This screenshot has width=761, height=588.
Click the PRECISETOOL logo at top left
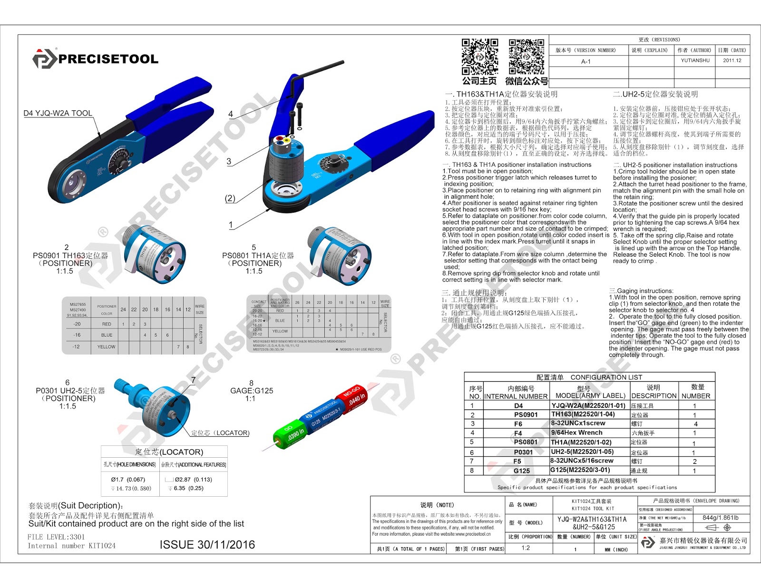point(95,58)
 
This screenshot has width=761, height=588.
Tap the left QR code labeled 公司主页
point(480,57)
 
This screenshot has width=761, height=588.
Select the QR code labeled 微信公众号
point(527,57)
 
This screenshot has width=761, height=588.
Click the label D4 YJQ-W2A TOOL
point(58,113)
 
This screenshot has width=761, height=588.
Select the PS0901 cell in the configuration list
point(526,414)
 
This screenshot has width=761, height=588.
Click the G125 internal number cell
point(522,471)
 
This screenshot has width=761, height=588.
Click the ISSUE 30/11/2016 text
point(207,545)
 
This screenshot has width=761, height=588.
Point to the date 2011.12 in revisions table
point(732,60)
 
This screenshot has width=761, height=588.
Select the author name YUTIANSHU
point(695,60)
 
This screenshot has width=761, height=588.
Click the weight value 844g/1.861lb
point(721,518)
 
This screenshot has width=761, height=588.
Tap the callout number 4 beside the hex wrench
point(231,114)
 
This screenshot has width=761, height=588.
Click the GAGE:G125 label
point(252,391)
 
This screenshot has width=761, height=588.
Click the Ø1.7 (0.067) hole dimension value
point(128,480)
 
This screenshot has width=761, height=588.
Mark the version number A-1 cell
point(585,61)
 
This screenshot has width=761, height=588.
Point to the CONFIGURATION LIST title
point(606,377)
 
